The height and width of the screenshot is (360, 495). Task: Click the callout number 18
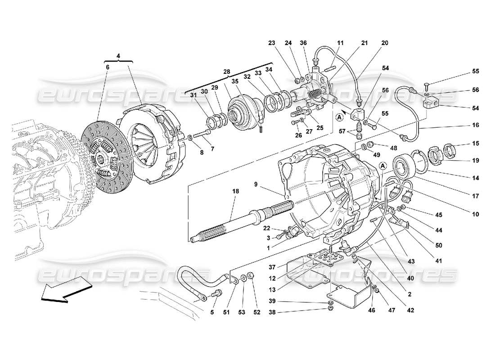pyautogui.click(x=235, y=191)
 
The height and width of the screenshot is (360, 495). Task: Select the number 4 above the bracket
pyautogui.click(x=118, y=56)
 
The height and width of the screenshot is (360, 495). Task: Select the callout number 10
pyautogui.click(x=476, y=214)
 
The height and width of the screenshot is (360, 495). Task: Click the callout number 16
pyautogui.click(x=476, y=125)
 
